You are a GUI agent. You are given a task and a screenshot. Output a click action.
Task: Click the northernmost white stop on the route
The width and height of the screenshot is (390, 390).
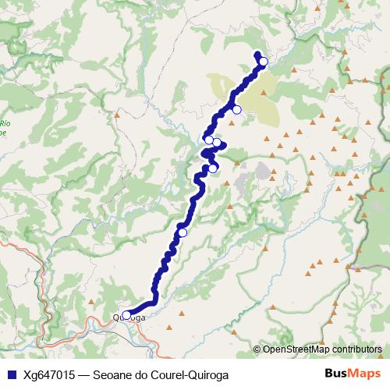click(x=263, y=62)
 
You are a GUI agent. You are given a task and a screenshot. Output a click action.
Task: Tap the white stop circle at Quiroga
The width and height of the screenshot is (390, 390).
click(x=126, y=315)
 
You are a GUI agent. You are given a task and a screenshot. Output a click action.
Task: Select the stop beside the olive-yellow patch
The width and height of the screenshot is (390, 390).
click(x=236, y=109)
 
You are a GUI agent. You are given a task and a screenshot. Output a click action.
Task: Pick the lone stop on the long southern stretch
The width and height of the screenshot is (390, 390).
click(x=183, y=232)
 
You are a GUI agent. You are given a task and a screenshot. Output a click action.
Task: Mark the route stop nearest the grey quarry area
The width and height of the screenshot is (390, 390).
click(x=212, y=168)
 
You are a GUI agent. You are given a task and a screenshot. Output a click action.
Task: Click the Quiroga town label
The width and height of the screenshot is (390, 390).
click(x=129, y=317)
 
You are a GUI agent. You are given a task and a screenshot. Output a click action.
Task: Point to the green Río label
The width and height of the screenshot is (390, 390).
click(x=5, y=122)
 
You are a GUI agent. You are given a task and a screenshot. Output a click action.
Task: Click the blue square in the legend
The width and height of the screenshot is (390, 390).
click(x=9, y=374)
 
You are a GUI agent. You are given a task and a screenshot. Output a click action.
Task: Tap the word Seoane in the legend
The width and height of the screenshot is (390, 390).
click(x=114, y=374)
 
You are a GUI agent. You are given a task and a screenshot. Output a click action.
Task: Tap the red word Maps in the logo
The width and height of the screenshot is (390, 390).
click(x=366, y=374)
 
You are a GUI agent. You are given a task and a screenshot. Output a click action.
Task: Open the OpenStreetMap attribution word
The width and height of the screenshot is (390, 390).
click(x=296, y=349)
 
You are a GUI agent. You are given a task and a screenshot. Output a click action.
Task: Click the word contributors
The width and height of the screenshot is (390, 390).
click(x=356, y=349)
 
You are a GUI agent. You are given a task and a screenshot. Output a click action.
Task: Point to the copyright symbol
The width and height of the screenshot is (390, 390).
click(x=257, y=349)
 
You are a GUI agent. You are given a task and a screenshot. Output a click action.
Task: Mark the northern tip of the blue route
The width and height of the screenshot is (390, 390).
click(x=257, y=53)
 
